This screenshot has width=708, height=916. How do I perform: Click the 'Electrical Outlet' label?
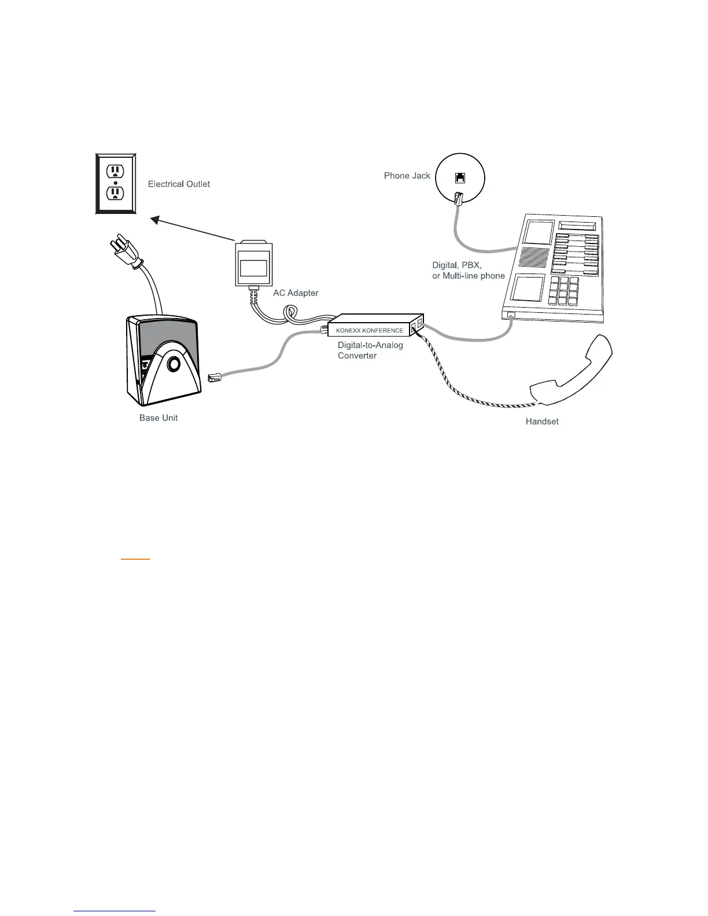179,184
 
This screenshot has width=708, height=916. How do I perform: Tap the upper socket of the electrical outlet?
116,171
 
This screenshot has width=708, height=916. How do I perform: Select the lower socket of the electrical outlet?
116,193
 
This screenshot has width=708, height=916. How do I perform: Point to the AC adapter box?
253,264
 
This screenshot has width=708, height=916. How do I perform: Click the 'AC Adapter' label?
296,293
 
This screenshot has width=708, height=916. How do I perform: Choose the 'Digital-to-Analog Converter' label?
370,350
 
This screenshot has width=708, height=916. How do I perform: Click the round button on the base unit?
173,364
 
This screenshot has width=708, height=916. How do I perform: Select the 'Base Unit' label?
158,418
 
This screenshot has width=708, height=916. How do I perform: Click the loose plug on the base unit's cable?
213,378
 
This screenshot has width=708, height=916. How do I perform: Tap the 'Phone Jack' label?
407,176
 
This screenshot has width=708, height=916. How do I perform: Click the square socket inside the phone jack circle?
460,178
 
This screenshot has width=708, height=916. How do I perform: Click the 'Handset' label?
542,422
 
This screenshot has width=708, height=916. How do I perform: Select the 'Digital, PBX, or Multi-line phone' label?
469,271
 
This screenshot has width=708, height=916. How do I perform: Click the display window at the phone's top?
577,225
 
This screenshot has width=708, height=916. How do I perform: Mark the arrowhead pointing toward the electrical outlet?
155,219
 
